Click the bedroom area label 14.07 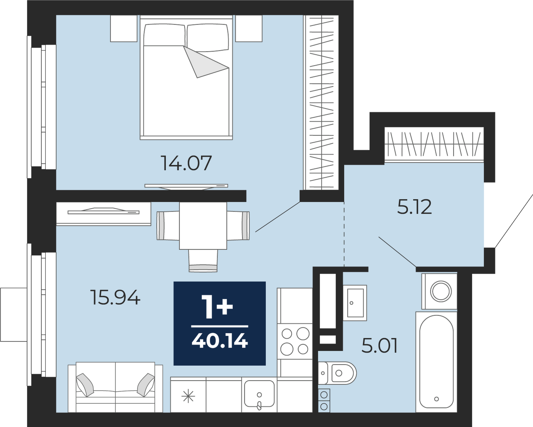pos(186,163)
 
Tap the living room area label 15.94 pos(115,298)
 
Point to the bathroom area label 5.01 pos(379,346)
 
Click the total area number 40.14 pos(220,340)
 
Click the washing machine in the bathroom pos(439,291)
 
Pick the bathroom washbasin pos(355,303)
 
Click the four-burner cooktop pos(295,341)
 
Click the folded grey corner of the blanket pos(204,62)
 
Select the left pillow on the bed pos(164,35)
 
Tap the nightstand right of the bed pos(249,28)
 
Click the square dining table pos(203,225)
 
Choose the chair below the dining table pos(203,261)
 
